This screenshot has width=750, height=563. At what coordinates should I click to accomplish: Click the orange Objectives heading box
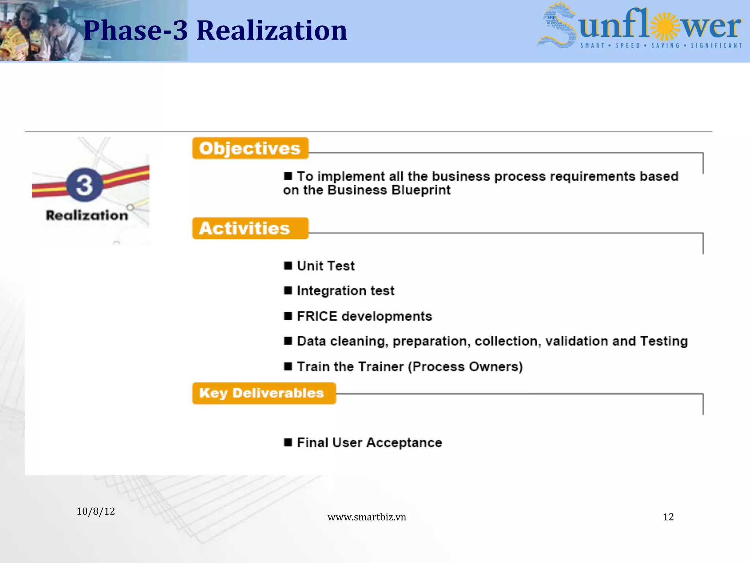tap(250, 148)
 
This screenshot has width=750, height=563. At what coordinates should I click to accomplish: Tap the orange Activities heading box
tap(250, 228)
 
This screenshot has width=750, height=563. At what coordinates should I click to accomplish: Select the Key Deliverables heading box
tap(264, 393)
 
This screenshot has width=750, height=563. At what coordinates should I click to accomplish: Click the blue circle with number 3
tap(85, 185)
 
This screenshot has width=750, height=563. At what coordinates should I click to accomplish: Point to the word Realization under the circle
tap(87, 215)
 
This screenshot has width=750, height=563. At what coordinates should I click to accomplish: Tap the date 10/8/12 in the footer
tap(96, 511)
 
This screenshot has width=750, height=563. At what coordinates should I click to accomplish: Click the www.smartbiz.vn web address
tap(367, 517)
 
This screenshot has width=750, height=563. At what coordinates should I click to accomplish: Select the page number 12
tap(668, 517)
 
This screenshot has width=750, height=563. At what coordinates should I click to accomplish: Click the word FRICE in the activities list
tap(317, 316)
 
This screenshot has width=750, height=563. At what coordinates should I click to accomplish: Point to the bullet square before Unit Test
tap(288, 265)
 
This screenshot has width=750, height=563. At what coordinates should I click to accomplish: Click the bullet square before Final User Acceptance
tap(288, 442)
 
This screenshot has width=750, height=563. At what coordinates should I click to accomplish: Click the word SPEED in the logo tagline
tap(628, 46)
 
